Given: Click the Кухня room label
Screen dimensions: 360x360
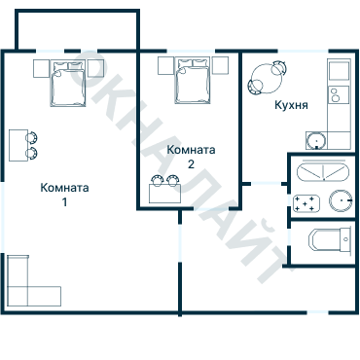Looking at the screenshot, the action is point(291,105).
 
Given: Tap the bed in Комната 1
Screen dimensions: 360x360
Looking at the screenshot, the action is point(68,84).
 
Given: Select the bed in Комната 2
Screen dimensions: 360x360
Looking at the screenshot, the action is point(192,81).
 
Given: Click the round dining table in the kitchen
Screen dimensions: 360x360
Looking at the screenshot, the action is point(267,79).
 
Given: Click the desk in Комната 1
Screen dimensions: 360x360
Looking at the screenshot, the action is point(18,145).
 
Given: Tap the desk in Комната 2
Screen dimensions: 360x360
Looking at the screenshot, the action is point(164,194).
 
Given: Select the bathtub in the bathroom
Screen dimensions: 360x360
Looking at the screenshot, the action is point(324,172).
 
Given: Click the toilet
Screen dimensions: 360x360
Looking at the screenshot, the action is point(330,240).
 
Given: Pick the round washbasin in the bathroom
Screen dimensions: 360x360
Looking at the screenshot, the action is point(341,200).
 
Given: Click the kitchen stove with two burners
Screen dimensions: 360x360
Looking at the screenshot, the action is point(339,94).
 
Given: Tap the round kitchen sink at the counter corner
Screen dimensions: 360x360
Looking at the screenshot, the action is point(316,141).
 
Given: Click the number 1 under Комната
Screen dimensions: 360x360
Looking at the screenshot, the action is point(64,202).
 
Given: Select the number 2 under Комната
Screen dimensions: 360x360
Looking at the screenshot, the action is point(191,164).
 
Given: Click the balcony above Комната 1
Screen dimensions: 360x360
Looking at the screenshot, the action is point(78,30).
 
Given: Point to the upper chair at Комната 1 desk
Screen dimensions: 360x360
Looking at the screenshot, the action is point(32,137).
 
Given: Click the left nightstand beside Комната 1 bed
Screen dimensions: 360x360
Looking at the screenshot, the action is point(41,68).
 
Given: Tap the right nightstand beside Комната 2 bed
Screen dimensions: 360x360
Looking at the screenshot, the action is point(220,65).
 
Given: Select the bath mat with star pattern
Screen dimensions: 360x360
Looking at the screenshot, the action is point(306,203).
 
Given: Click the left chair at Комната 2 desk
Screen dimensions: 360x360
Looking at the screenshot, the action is point(158,181).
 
